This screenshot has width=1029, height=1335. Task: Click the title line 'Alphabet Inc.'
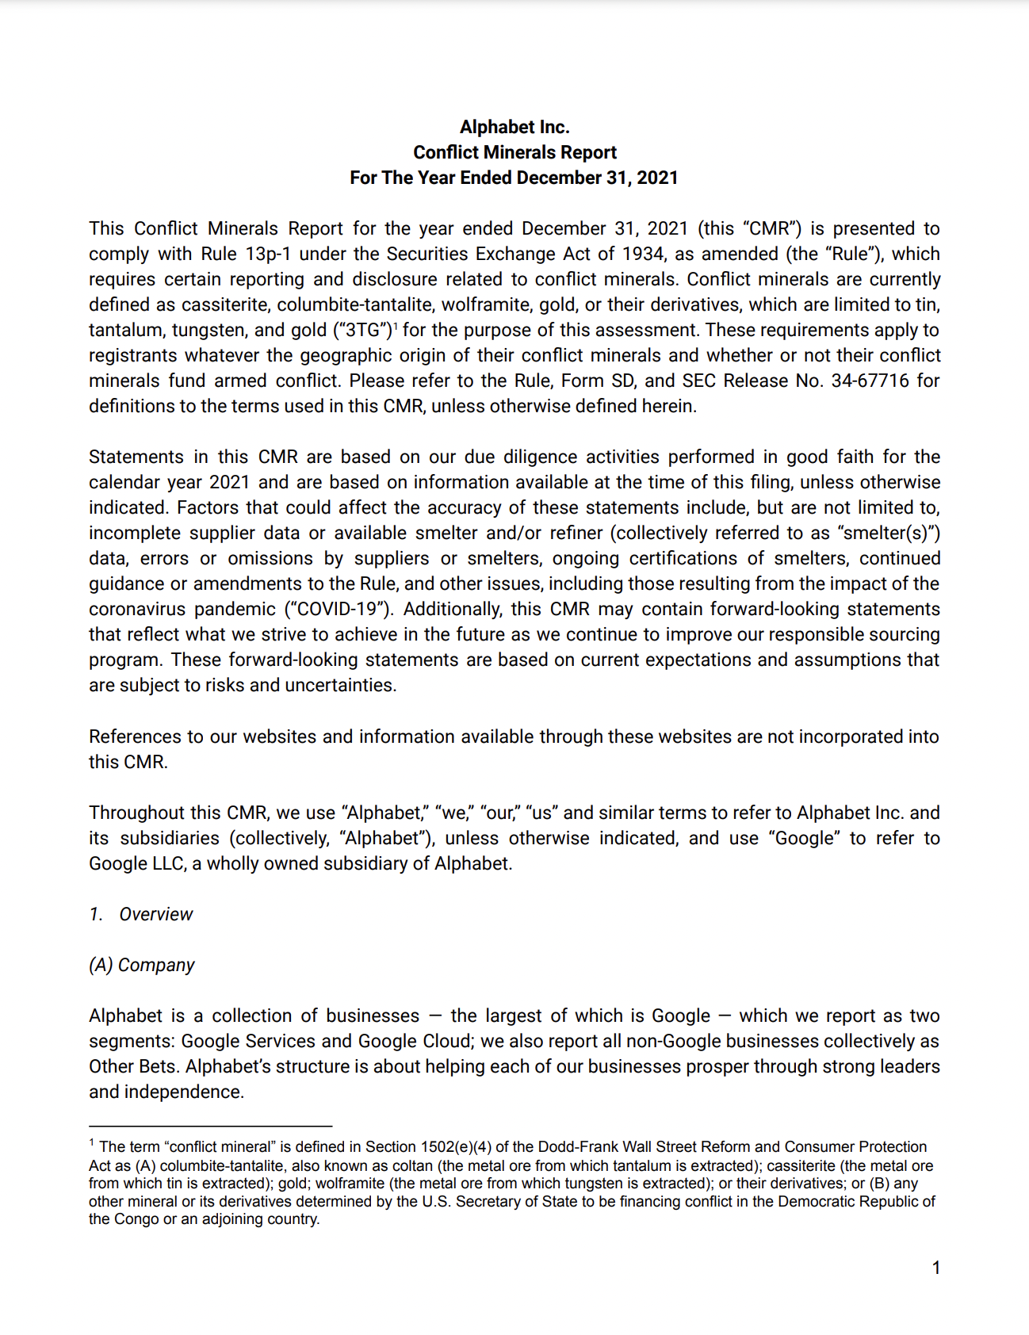514,127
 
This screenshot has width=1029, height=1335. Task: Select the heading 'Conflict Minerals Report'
514,152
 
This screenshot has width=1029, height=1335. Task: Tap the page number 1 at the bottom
935,1268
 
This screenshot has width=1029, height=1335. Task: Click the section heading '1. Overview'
141,914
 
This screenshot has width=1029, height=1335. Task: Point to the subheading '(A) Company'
142,965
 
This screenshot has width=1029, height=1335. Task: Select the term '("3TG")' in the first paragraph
363,330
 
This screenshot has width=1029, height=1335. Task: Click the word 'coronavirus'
136,609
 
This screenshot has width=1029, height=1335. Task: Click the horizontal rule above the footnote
210,1126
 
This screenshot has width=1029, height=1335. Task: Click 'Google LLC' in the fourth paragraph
130,863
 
